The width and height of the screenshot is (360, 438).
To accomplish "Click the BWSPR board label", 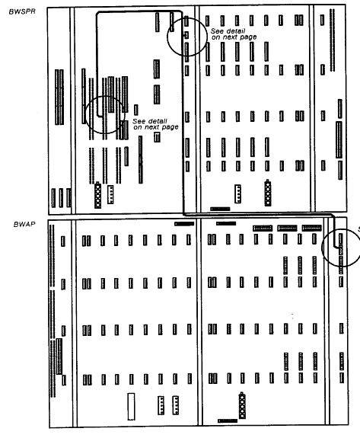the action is point(22,11).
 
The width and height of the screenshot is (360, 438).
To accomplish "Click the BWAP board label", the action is point(24,224).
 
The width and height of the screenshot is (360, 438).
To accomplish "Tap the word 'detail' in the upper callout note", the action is point(235,31).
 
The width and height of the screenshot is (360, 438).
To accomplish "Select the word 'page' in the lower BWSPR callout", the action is point(170,127).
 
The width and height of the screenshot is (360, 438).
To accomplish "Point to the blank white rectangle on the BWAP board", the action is point(131,407).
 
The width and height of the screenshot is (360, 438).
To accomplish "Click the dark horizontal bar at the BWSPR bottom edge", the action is point(220,209).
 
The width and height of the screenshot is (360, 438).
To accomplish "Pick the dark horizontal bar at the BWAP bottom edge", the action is point(228,420).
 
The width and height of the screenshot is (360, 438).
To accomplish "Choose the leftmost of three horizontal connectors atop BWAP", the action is point(263,229).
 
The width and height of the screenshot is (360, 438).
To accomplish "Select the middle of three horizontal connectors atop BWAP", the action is point(287,229).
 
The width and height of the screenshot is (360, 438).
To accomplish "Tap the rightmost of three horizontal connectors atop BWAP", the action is point(312,228).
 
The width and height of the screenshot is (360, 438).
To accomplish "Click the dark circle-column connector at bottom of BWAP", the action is point(242,405).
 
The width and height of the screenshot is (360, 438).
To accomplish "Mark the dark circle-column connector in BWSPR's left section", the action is point(97,195).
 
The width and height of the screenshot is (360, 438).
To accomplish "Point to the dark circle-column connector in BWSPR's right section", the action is point(268,193).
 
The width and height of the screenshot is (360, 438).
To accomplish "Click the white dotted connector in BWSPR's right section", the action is point(237,193).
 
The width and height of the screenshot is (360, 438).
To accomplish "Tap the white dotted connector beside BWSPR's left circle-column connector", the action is point(110,194).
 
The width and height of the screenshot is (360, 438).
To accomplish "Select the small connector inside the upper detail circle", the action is point(186,35).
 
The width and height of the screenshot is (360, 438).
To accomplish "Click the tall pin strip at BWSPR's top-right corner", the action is point(332,40).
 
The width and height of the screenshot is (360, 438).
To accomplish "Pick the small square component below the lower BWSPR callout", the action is point(157,137).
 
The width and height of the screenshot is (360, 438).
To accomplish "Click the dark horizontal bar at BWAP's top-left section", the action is point(184,224).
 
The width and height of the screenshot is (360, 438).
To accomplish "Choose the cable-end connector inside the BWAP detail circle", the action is point(341,249).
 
